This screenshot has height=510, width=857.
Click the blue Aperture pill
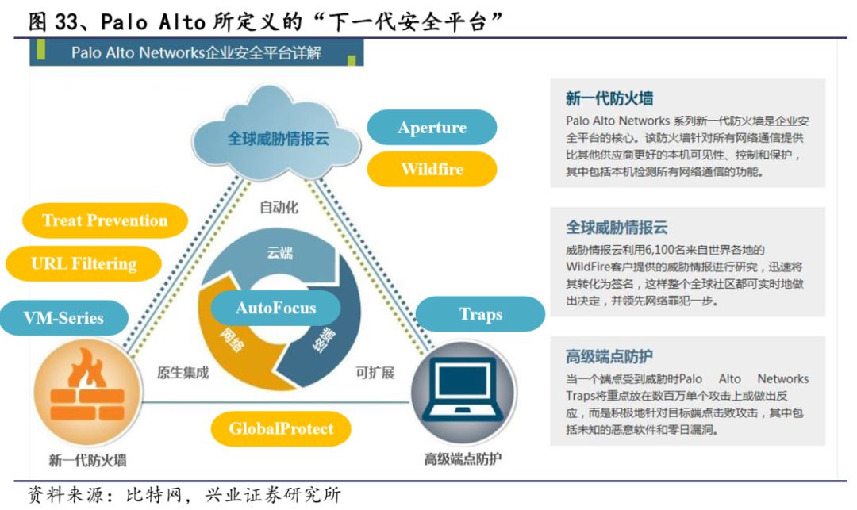tap(432, 128)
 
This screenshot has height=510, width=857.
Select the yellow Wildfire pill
tap(432, 169)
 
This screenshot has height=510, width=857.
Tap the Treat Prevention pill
tap(105, 220)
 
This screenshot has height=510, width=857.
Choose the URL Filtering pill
tap(83, 263)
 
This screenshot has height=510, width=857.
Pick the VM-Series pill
tap(63, 318)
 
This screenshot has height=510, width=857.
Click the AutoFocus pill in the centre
tap(275, 308)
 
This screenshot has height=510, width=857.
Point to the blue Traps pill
tap(480, 314)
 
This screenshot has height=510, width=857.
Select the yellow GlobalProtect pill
tap(281, 429)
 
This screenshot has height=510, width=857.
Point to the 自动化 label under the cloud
tap(279, 208)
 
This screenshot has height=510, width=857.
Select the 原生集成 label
tap(183, 372)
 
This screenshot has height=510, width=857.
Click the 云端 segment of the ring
tap(279, 254)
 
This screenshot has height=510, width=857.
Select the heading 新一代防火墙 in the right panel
tap(609, 98)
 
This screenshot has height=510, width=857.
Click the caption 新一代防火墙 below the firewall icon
tap(87, 459)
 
